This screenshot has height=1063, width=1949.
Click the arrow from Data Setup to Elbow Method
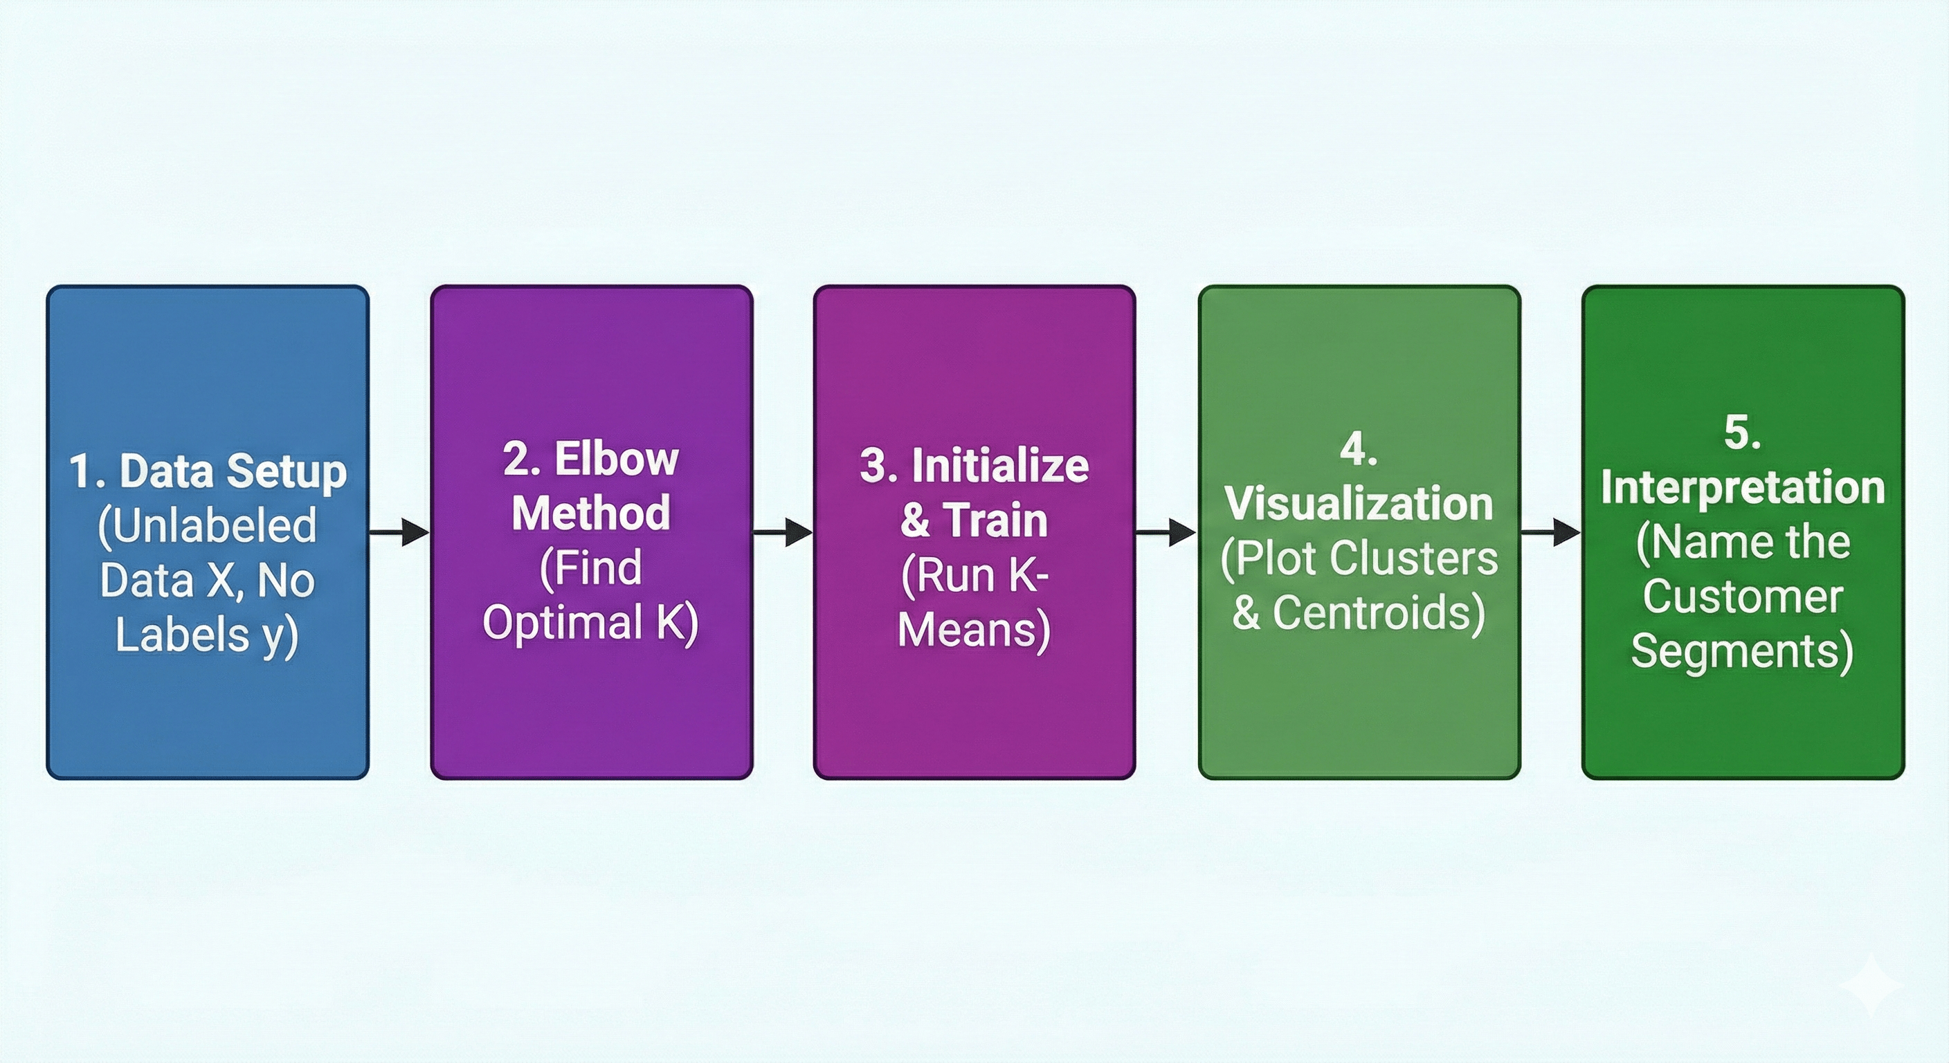[399, 533]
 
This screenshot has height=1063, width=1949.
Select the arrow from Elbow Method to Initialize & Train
[783, 533]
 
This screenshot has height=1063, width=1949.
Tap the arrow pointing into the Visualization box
[1167, 533]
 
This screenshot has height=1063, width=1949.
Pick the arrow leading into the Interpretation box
[1551, 533]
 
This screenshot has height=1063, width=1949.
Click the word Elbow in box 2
[616, 459]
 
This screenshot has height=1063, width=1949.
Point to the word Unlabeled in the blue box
[208, 525]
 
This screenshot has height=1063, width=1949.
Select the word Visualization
[1359, 503]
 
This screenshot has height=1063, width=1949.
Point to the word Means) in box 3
[974, 630]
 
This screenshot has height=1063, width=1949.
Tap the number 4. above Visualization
[1359, 449]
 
